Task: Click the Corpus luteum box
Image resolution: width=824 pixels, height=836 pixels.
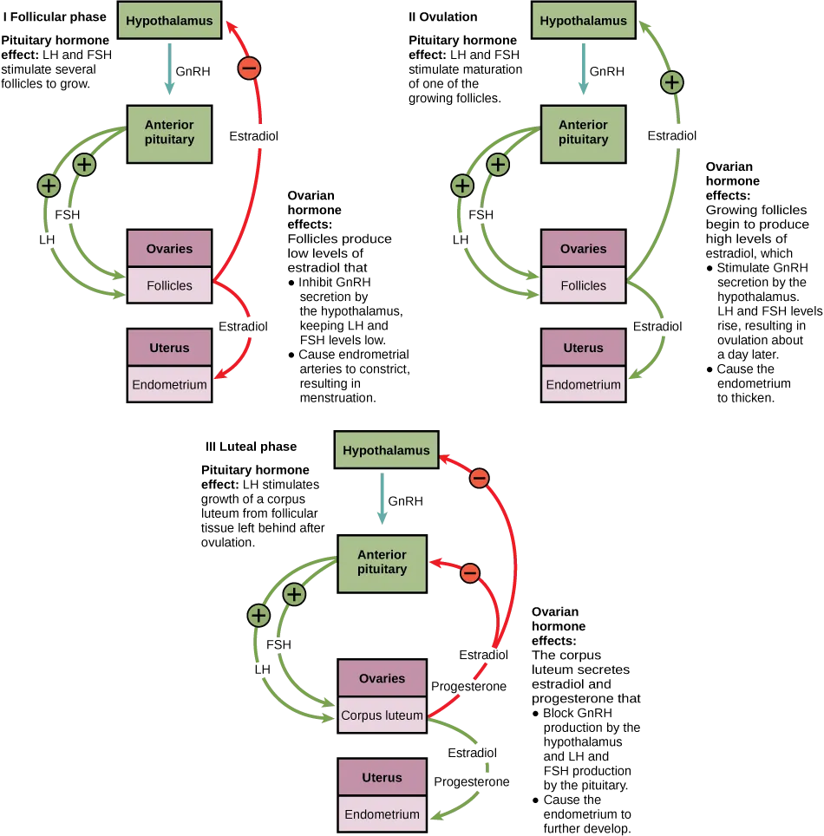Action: click(382, 715)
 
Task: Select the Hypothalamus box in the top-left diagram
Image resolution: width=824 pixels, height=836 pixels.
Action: click(169, 21)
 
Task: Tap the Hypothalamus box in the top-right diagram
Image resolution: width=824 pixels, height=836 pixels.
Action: click(583, 21)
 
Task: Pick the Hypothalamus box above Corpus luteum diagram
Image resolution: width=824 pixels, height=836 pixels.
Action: click(386, 451)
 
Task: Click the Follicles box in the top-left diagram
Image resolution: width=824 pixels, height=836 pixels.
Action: click(169, 285)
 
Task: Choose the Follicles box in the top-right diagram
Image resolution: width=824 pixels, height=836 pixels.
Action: click(583, 285)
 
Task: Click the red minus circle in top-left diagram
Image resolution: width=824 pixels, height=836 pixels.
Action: click(249, 69)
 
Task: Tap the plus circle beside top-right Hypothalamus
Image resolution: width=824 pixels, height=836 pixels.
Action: click(671, 82)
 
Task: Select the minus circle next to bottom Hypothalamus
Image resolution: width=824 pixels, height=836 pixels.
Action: click(480, 478)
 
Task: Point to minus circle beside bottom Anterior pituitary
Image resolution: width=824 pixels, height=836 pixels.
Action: click(469, 573)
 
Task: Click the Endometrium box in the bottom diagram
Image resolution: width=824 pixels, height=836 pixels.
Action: click(382, 814)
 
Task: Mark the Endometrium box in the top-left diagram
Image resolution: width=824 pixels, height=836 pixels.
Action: click(169, 384)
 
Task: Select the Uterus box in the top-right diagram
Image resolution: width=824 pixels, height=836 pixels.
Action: click(583, 348)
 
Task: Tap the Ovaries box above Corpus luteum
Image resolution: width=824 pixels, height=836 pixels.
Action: click(382, 678)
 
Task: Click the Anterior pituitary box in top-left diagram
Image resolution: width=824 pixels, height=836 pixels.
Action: click(169, 133)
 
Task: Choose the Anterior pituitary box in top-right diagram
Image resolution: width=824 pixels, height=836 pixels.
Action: click(583, 133)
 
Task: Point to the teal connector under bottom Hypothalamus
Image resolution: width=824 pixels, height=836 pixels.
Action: click(382, 500)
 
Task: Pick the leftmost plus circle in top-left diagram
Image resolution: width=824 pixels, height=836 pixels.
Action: click(49, 185)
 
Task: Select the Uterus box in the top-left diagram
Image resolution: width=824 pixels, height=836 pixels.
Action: click(169, 348)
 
